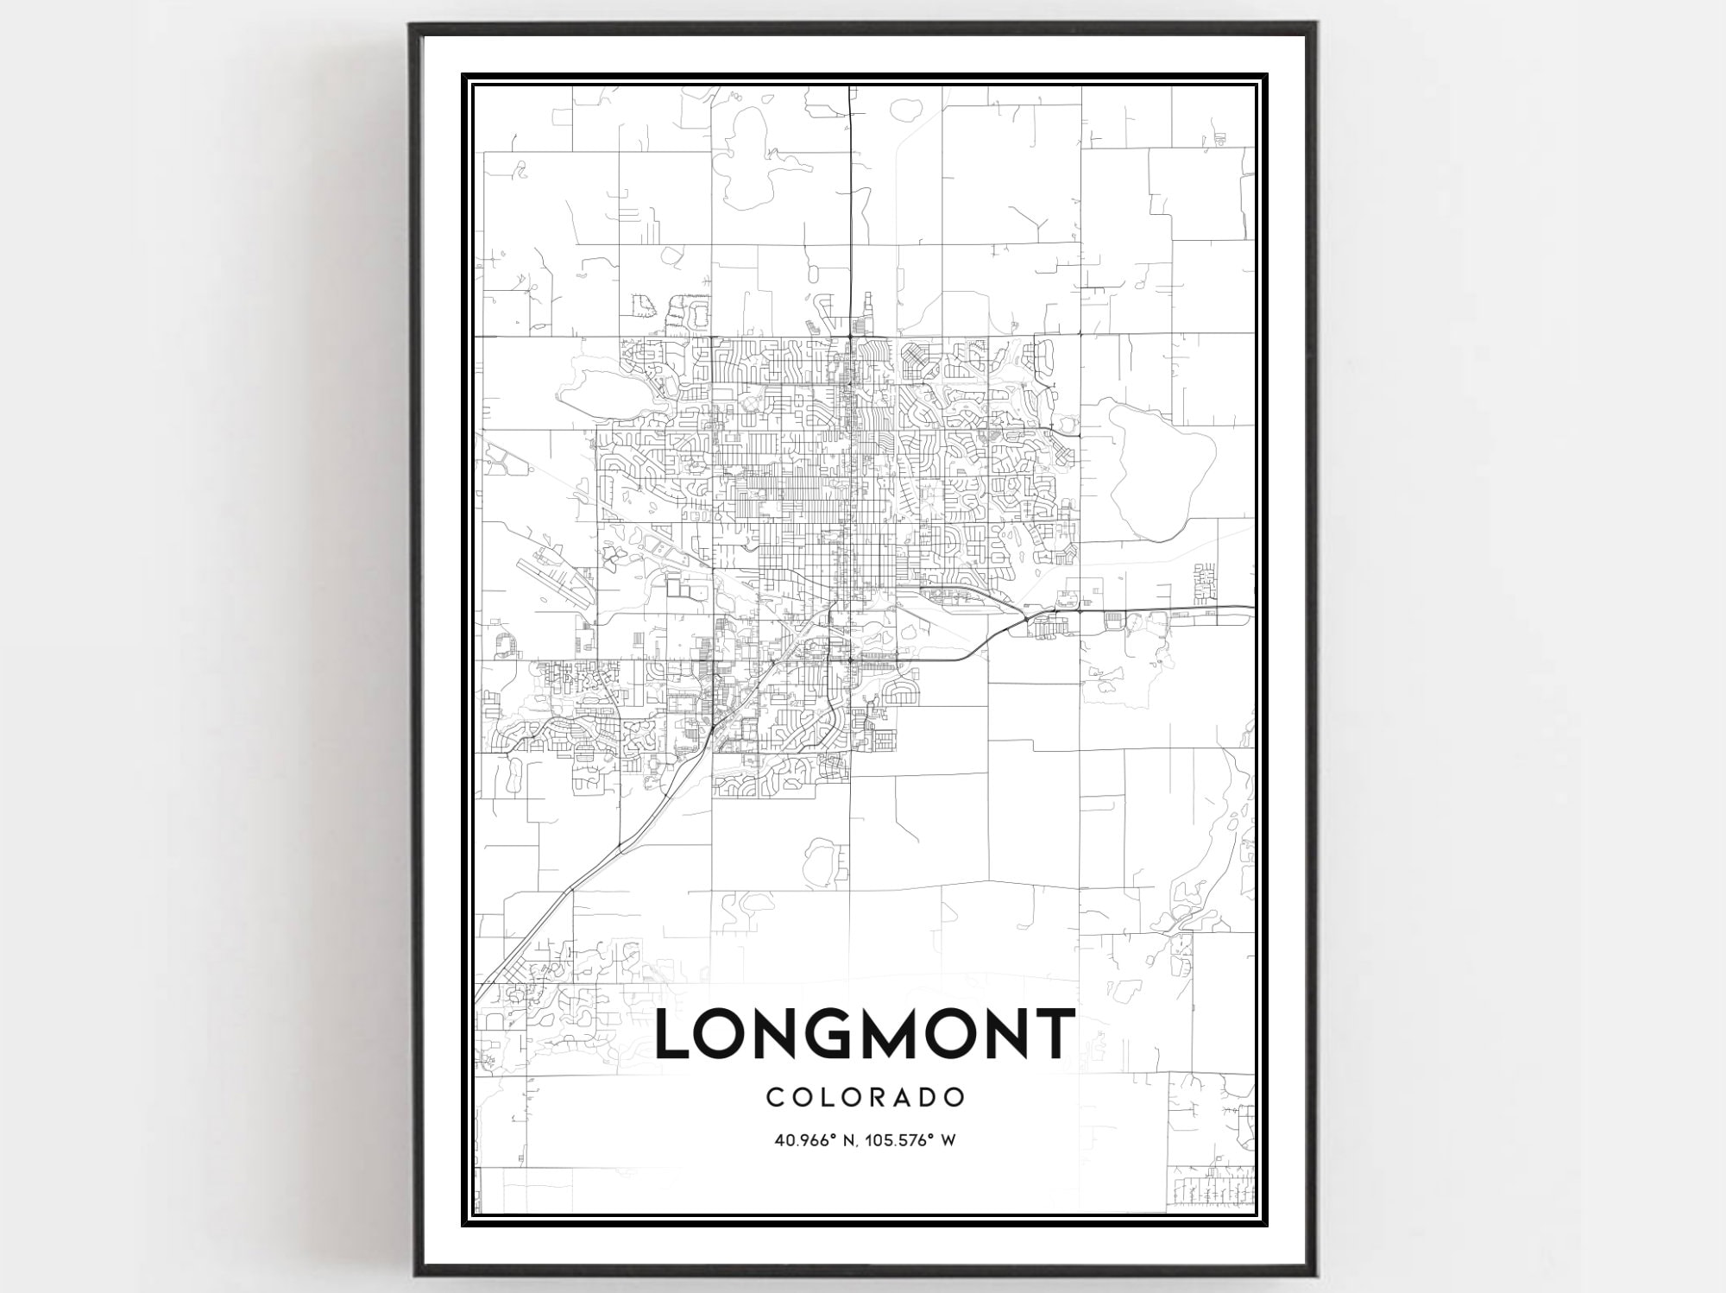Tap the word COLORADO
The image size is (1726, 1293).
tap(865, 1098)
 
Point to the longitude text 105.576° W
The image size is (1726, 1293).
tap(917, 1140)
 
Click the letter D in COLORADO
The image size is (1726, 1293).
tap(930, 1098)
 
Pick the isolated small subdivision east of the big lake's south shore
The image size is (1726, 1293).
tap(1206, 584)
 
